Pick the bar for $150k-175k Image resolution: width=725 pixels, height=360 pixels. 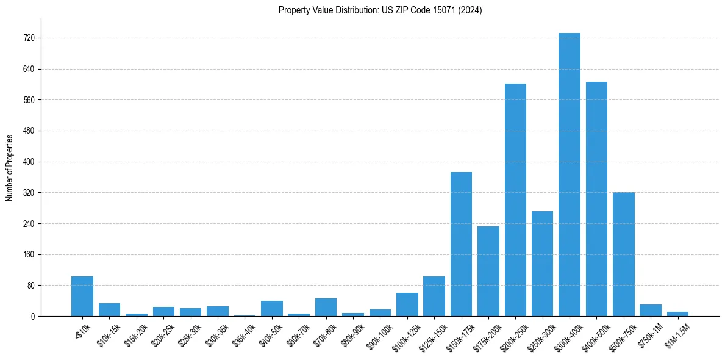tap(461, 244)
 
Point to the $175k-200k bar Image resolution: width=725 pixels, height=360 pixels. tap(488, 272)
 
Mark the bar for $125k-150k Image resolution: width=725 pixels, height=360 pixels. tap(434, 297)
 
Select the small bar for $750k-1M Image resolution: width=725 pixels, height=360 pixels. tap(650, 311)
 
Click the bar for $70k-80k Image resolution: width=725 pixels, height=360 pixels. tap(326, 308)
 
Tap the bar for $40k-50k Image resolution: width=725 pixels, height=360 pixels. tap(272, 309)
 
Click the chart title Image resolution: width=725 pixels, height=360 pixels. tap(380, 10)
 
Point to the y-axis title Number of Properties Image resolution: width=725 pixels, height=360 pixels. tap(10, 168)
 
